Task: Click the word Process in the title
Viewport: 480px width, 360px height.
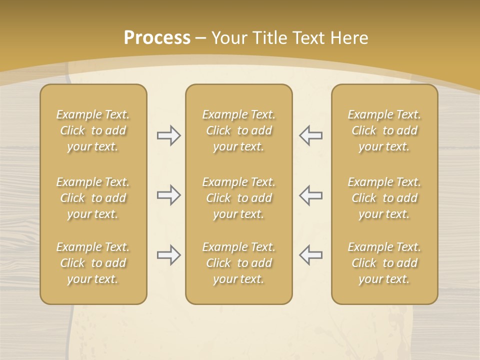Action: [157, 38]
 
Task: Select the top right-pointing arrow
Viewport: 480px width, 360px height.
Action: [168, 135]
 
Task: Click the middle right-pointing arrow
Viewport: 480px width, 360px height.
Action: [168, 195]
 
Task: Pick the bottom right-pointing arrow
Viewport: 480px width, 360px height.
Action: [168, 255]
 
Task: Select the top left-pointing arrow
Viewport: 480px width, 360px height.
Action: [311, 135]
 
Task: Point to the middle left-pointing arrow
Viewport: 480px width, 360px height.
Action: [311, 195]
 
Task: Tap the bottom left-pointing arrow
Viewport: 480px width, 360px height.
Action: [311, 255]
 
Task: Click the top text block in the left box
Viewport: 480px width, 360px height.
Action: [93, 130]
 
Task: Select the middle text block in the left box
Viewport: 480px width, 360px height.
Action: [93, 198]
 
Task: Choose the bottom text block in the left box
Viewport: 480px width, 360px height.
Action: [93, 263]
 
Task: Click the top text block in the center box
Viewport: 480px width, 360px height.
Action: [239, 130]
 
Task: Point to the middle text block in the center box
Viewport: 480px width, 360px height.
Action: [239, 198]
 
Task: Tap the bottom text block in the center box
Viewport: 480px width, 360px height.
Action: [239, 263]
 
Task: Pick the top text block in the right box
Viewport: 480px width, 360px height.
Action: [384, 130]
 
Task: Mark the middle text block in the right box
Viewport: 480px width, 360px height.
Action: [384, 198]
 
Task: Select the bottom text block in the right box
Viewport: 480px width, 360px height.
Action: [384, 263]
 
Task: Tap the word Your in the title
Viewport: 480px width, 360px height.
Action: [228, 38]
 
